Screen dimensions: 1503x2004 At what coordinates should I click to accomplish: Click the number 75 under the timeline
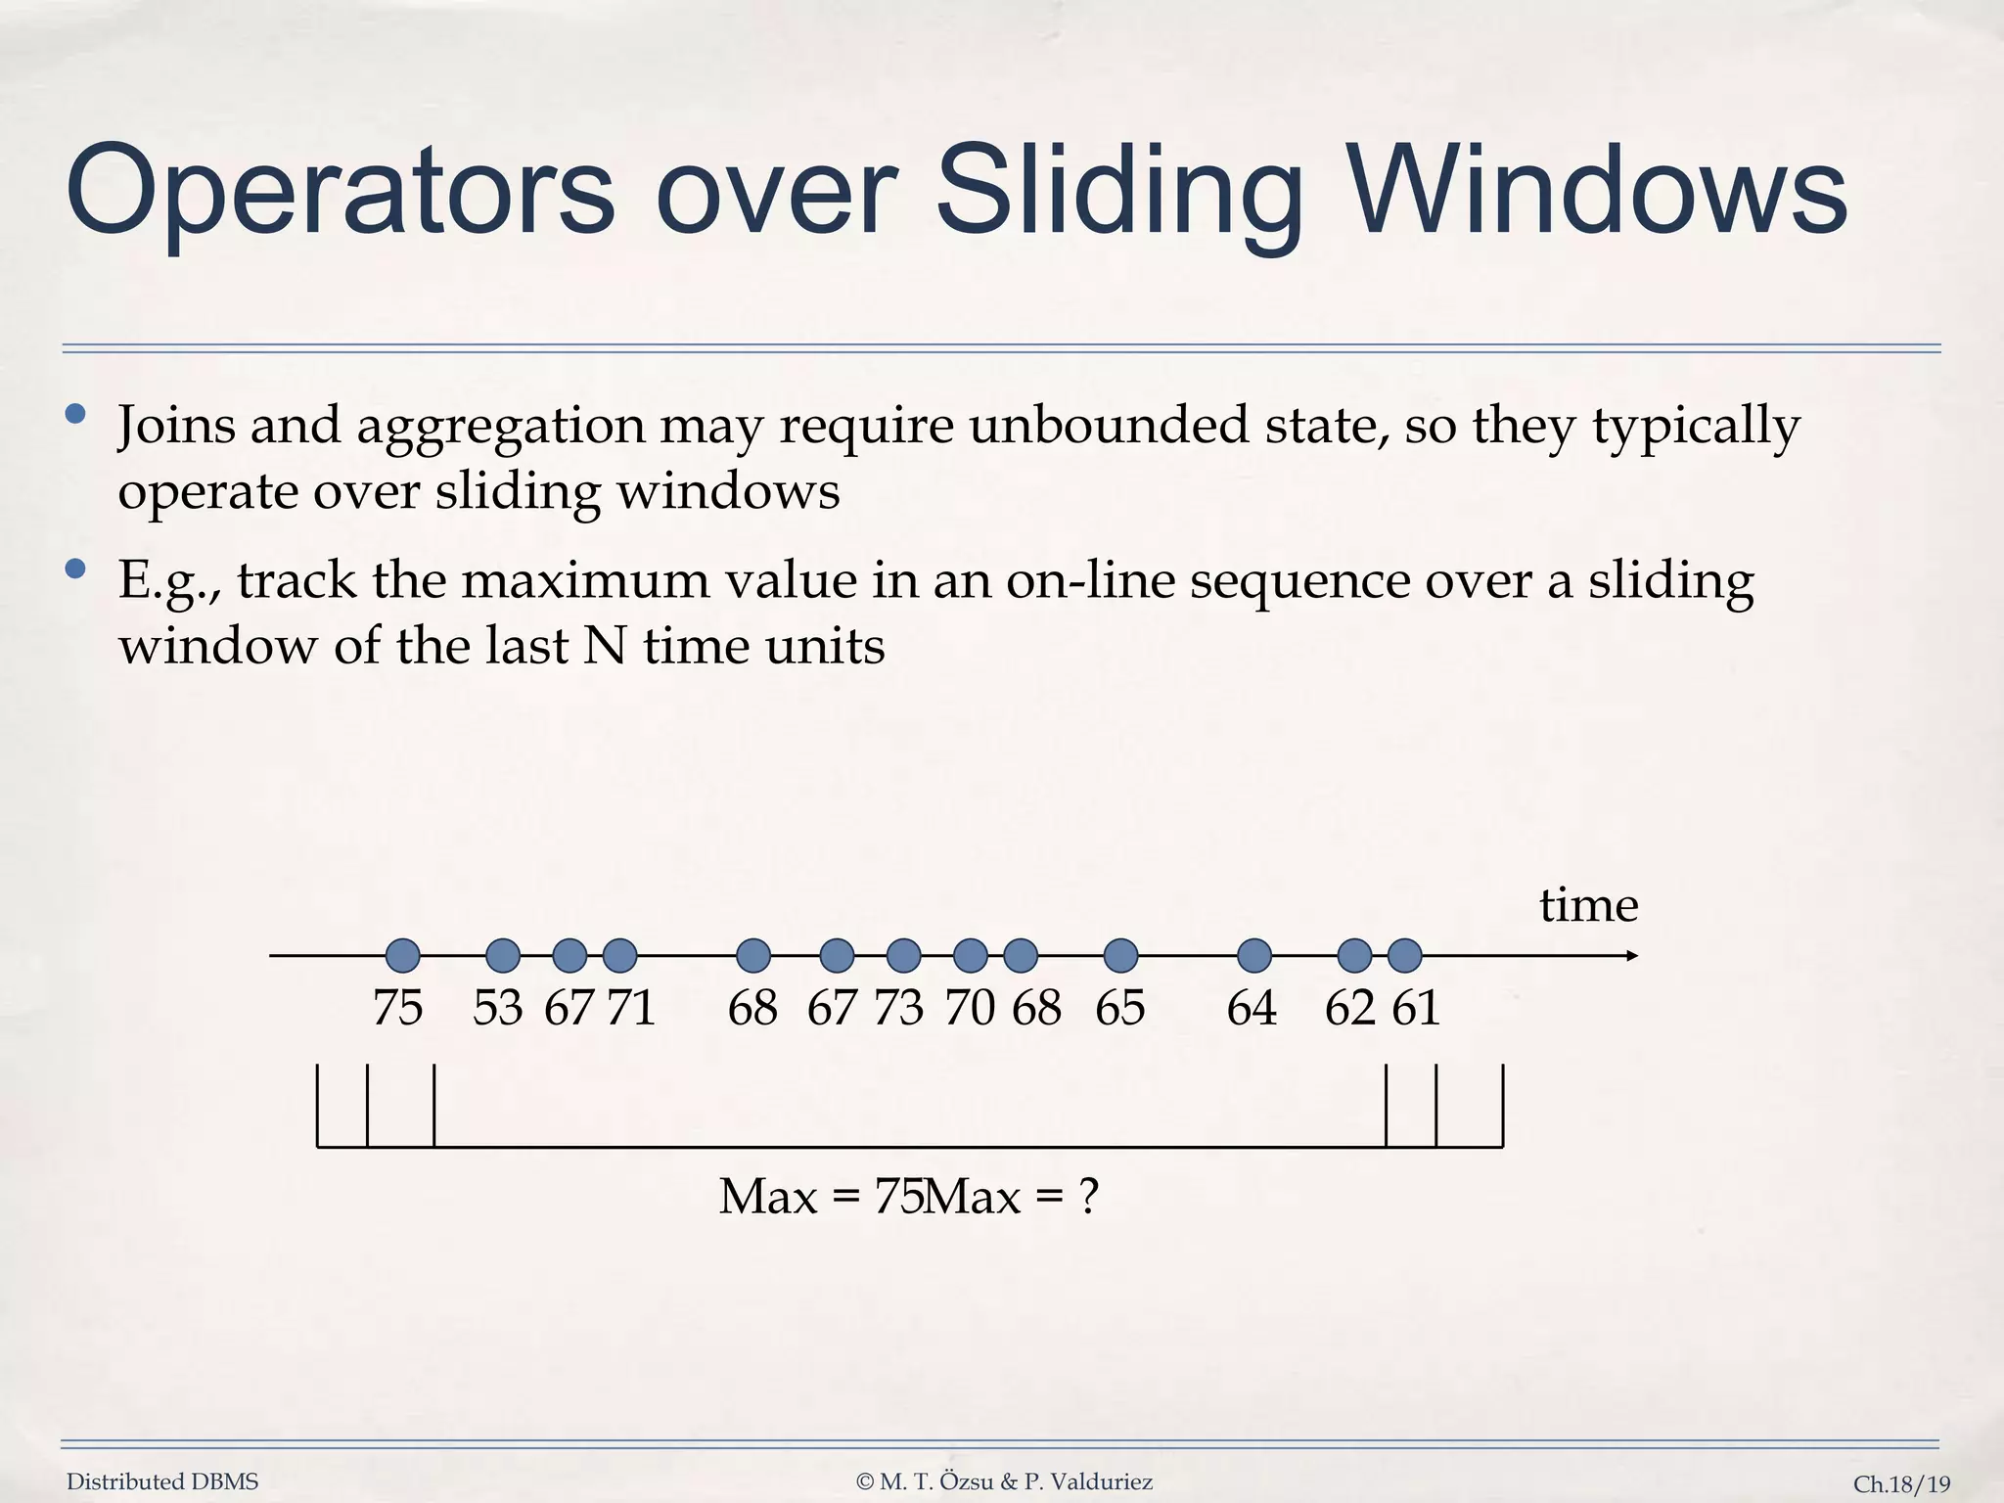tap(397, 1008)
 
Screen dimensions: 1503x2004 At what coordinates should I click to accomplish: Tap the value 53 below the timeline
tap(497, 1008)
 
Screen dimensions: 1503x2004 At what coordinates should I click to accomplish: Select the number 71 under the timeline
tap(631, 1008)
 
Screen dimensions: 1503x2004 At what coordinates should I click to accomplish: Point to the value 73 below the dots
tap(898, 1008)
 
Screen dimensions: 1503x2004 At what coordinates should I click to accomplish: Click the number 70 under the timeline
tap(970, 1008)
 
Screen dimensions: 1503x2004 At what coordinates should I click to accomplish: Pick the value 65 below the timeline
tap(1119, 1008)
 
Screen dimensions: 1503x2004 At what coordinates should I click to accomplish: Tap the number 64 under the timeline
tap(1252, 1008)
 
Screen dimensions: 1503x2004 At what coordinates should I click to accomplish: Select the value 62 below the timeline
tap(1349, 1008)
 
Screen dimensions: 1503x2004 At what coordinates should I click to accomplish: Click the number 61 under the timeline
tap(1416, 1008)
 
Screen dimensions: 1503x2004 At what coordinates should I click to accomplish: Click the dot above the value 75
tap(403, 955)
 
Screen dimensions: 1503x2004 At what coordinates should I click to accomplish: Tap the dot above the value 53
tap(503, 955)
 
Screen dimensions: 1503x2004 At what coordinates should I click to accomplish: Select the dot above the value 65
tap(1120, 955)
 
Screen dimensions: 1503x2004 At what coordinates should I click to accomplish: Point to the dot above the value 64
tap(1254, 955)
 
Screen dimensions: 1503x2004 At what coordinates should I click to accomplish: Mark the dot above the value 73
tap(903, 955)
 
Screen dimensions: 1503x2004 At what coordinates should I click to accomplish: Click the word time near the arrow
tap(1588, 905)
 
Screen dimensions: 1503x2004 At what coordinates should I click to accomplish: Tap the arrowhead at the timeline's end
tap(1631, 955)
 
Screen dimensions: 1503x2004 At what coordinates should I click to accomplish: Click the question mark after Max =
tap(1089, 1196)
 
